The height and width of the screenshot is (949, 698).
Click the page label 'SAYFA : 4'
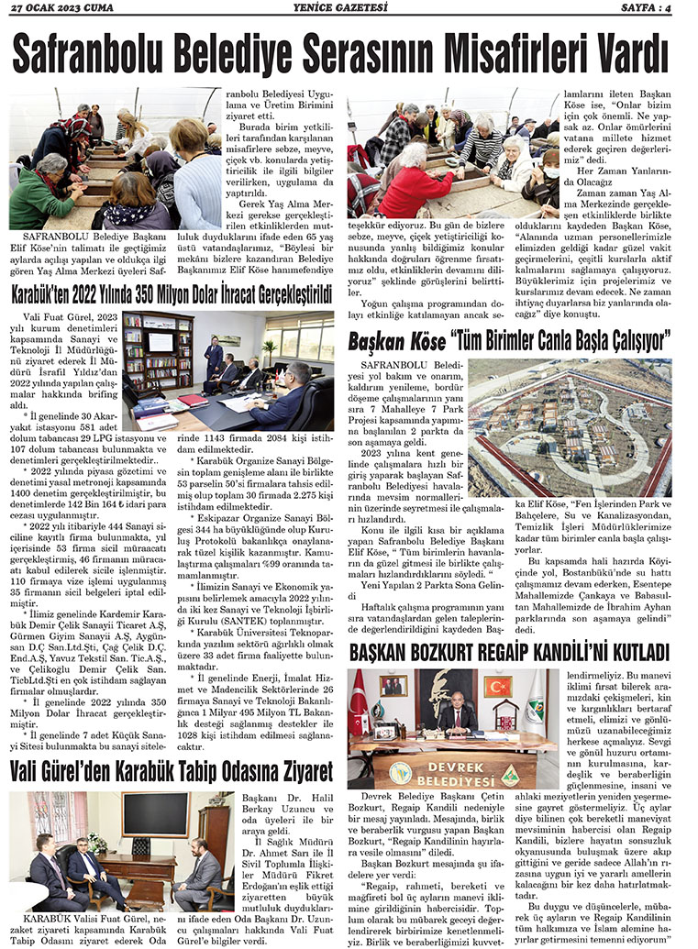point(659,8)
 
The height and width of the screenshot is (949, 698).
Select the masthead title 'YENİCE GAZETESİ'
point(349,8)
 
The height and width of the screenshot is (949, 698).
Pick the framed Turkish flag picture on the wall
point(498,686)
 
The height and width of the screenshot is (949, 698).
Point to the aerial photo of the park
point(571,427)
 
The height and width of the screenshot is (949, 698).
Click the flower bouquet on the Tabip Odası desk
point(97,844)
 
